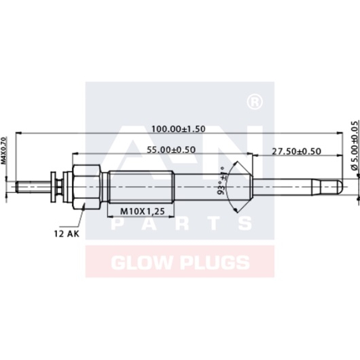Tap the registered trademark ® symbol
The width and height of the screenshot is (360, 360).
[x=253, y=102]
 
